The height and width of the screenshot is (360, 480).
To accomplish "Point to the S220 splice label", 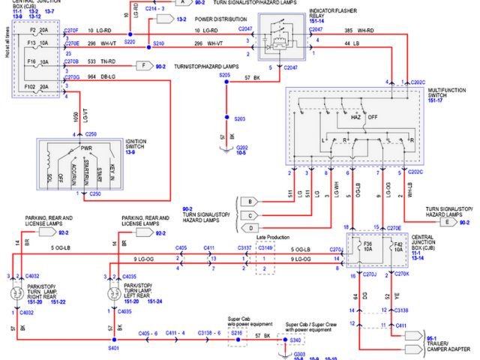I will pyautogui.click(x=129, y=43).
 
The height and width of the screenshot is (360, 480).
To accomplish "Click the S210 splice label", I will pyautogui.click(x=157, y=43).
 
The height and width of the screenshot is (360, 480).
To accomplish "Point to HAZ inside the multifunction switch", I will pyautogui.click(x=354, y=117).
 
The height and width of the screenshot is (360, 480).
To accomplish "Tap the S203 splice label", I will pyautogui.click(x=239, y=119).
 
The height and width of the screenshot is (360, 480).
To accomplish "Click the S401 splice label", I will pyautogui.click(x=112, y=348).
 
